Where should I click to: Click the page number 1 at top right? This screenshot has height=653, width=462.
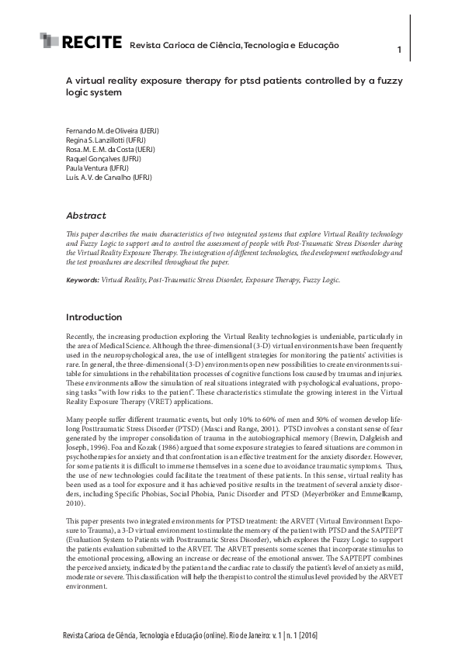tap(398, 50)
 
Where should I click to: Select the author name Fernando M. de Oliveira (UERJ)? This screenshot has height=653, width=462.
tap(112, 131)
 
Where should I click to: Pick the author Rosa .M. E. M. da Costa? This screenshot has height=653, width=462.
tap(110, 150)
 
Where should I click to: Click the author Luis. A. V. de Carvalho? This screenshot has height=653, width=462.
tap(109, 178)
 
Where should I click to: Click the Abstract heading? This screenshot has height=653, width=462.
tap(85, 215)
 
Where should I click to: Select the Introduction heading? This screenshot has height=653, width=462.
tap(93, 317)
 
